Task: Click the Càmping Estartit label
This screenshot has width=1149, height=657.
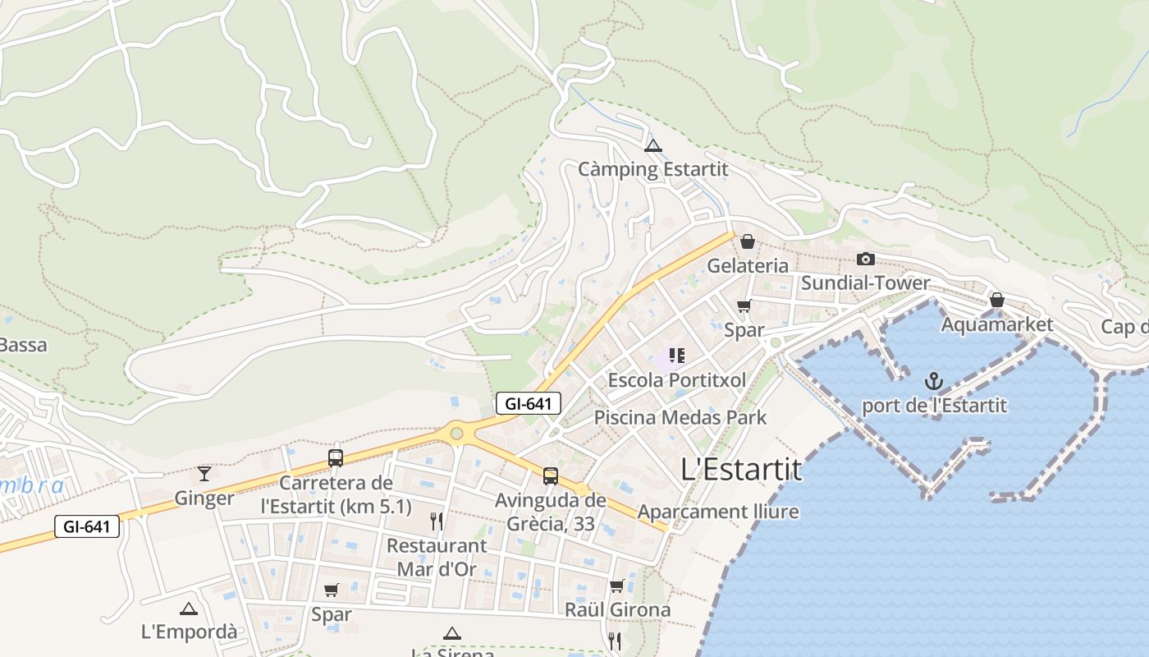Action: pos(652,169)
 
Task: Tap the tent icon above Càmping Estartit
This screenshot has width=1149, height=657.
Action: pos(652,146)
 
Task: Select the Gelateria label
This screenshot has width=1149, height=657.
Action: pos(748,266)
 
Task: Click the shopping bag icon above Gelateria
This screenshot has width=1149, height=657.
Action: pos(747,241)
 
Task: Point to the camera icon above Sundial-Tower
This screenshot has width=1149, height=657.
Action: pos(865,260)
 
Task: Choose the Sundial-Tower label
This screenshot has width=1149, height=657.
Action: pos(865,283)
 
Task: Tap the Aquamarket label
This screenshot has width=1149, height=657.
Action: pos(996,324)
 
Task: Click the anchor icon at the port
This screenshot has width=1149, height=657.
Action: pos(933,381)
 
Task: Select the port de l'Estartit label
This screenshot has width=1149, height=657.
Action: pos(934,405)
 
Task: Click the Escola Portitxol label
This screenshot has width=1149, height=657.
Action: pos(677,380)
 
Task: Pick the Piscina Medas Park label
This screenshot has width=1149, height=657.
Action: pos(680,417)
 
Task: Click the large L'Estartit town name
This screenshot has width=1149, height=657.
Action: pos(741,470)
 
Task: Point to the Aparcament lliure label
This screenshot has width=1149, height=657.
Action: pos(718,512)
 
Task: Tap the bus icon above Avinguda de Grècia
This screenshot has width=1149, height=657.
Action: pos(550,476)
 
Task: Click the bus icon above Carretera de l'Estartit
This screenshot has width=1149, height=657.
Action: pos(335,458)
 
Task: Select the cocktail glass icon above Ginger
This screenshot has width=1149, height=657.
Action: pos(204,474)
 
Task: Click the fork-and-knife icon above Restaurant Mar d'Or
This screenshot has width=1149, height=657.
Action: pos(437,521)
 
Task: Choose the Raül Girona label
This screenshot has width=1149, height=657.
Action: pos(617,609)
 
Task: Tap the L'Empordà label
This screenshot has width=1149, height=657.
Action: pos(189,632)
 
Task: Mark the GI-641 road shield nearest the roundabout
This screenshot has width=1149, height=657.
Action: pos(529,403)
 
